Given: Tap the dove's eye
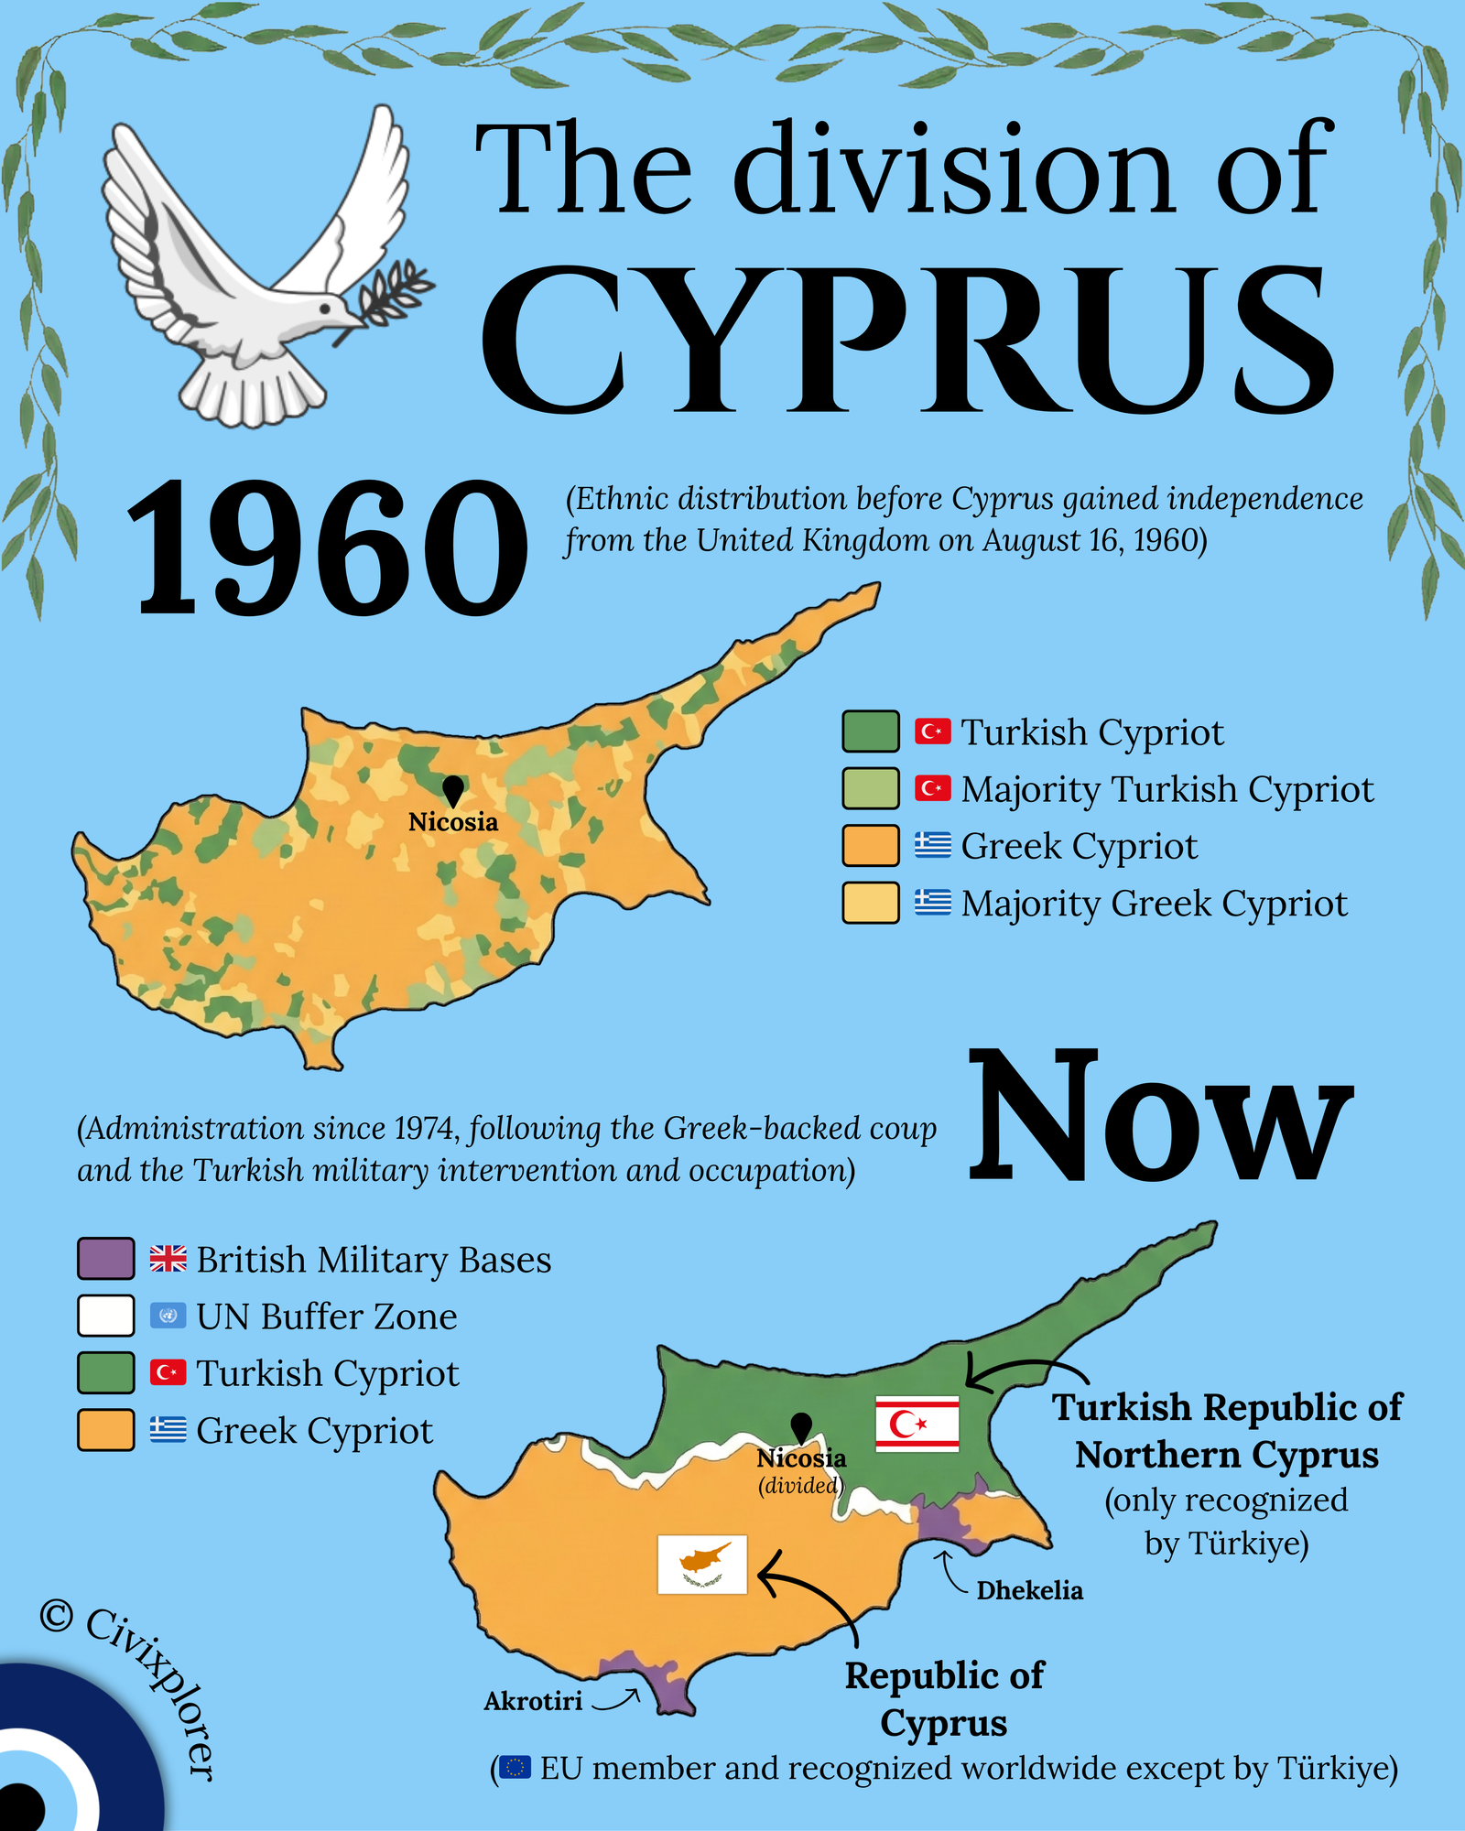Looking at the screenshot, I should [x=327, y=310].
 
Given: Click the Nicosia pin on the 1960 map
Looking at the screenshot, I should [x=452, y=789].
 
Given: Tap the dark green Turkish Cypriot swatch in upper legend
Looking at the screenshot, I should [x=870, y=731].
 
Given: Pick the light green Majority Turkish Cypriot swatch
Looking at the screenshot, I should [x=870, y=788].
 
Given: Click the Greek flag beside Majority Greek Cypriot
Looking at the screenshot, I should [x=932, y=902].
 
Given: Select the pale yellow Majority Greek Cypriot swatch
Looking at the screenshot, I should [x=870, y=903].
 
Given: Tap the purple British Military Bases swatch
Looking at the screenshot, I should [x=106, y=1258].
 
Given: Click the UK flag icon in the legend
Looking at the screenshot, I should [x=168, y=1259].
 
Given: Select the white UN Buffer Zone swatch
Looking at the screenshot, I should [x=106, y=1316].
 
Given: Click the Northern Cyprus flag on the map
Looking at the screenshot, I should [x=917, y=1424].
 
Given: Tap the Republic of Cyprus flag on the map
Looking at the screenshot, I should [x=702, y=1565].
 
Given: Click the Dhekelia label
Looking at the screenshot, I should [x=1029, y=1590].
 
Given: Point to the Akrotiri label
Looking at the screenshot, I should [x=533, y=1701].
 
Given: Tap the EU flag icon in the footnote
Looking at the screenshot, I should [x=515, y=1767].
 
